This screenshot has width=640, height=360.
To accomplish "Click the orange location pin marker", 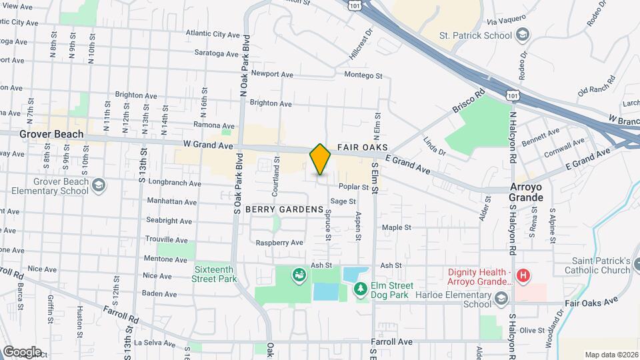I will (320, 159).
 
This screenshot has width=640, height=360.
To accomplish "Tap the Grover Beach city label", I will (52, 134).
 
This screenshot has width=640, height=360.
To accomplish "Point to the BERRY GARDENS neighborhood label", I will (284, 209).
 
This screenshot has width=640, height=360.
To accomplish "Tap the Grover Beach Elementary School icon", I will (99, 185).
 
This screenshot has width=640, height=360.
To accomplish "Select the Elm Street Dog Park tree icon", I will (361, 288).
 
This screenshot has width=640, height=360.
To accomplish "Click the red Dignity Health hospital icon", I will (524, 274).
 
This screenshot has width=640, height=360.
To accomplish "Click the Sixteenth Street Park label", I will (215, 274).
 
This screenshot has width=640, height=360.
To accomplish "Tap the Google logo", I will (22, 352).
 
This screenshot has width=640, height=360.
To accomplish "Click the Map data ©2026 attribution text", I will (611, 355).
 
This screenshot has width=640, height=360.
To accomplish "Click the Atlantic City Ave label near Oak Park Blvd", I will (213, 34).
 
